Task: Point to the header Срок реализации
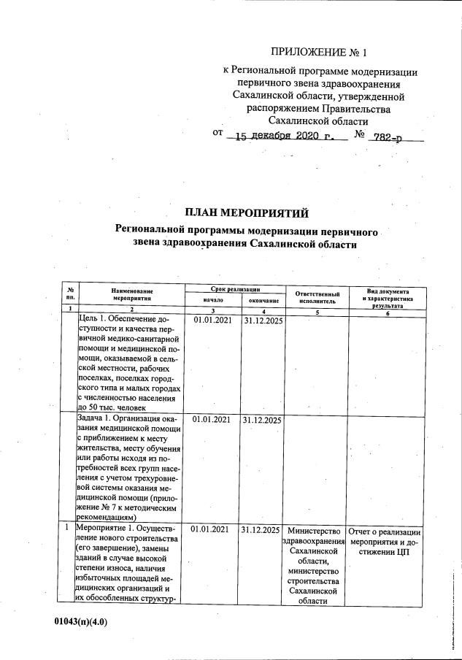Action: (231, 290)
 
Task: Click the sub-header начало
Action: (212, 300)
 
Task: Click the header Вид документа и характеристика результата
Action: (388, 296)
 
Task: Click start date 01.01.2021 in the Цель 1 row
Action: (211, 321)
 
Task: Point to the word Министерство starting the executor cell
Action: (315, 530)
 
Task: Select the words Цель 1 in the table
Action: (93, 320)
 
